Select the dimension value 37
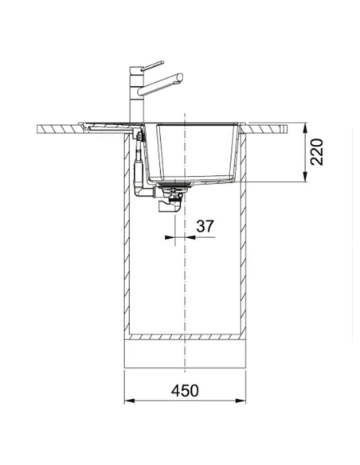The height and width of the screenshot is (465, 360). pyautogui.click(x=205, y=226)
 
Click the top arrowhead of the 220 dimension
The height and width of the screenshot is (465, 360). pyautogui.click(x=307, y=125)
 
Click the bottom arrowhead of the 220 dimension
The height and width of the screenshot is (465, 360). pyautogui.click(x=307, y=180)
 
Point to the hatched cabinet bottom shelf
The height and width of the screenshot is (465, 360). pyautogui.click(x=185, y=336)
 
